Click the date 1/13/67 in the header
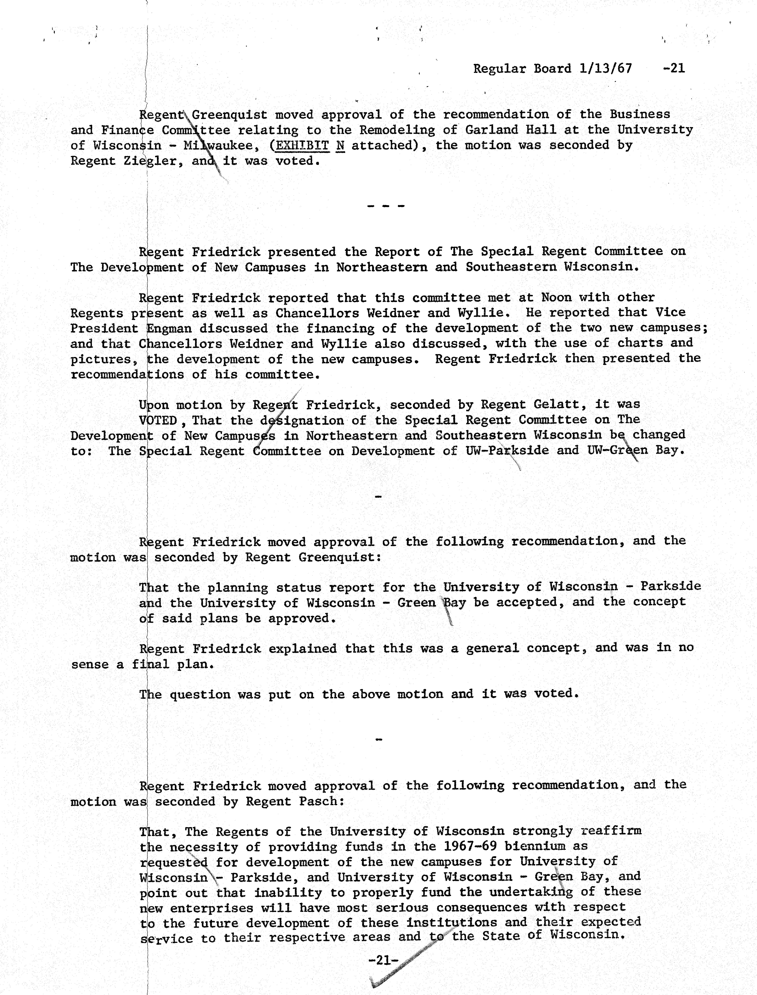coord(606,69)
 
